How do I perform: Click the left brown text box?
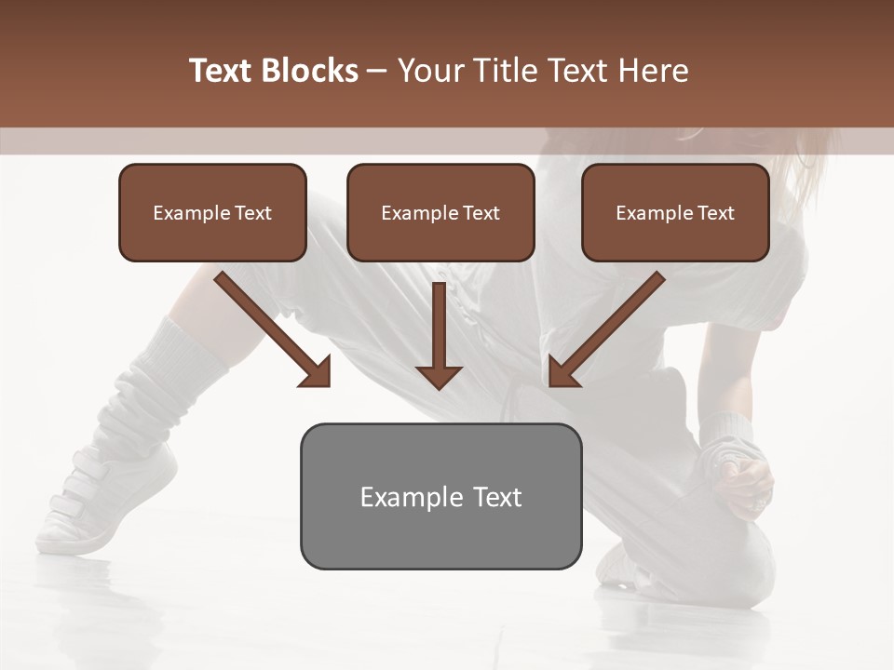[212, 212]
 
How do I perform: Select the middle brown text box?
[440, 212]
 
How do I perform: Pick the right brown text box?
[675, 212]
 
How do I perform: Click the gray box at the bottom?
[440, 496]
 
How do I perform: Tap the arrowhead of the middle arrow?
[439, 376]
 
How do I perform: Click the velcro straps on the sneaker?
[88, 493]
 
